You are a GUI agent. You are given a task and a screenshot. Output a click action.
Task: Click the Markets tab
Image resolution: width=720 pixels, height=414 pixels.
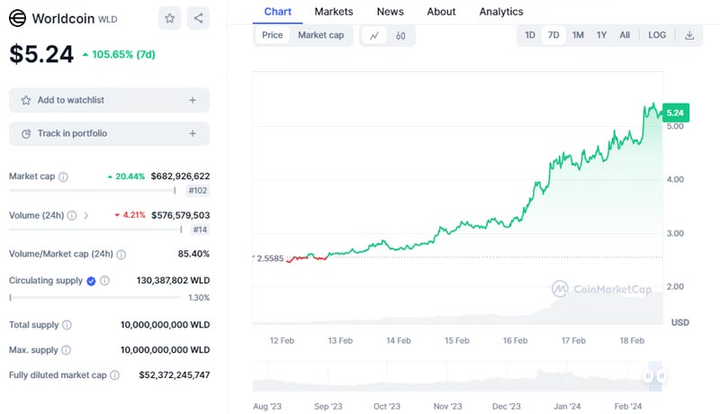333,12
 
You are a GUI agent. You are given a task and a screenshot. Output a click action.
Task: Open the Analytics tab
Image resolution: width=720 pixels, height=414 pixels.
500,12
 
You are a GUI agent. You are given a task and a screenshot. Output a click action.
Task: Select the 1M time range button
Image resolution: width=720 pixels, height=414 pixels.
578,35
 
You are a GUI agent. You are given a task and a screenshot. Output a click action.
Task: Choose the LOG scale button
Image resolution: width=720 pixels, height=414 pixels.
657,35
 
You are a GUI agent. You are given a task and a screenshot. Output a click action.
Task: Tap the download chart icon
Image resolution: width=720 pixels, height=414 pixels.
689,35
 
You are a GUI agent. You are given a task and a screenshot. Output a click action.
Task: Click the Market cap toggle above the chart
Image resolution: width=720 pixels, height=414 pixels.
320,35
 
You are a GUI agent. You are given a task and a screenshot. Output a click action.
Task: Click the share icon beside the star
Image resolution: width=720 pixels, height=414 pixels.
198,18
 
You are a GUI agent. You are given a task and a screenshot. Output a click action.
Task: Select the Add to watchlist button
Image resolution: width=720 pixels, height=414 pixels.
109,100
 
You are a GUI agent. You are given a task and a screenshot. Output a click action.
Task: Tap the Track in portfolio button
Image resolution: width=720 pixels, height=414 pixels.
109,133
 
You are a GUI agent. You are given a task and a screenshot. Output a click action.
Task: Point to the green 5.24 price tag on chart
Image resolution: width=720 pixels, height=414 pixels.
674,112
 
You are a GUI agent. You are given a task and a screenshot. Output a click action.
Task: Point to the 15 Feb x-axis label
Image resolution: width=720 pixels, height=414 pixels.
456,341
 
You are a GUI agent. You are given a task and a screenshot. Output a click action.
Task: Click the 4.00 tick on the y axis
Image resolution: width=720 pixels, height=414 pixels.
674,179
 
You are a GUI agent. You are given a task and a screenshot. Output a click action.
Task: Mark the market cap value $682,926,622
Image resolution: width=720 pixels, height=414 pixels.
168,176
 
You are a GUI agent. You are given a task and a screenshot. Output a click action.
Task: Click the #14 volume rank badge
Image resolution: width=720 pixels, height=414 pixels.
198,230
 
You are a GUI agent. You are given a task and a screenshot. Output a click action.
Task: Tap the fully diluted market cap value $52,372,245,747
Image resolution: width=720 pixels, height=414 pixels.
174,374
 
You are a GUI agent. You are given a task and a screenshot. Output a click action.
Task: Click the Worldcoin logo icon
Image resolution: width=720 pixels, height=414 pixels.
17,18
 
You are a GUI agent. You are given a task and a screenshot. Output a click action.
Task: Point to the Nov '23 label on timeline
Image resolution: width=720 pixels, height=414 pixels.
447,406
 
